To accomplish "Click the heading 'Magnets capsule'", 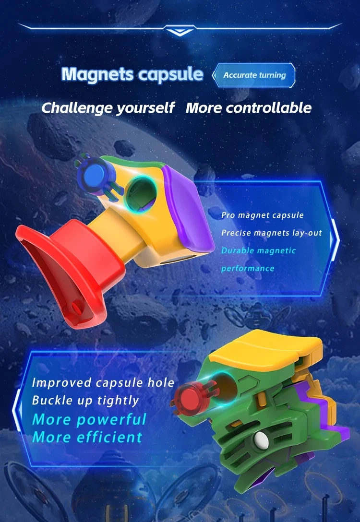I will coord(132,74).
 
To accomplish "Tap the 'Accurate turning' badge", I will coord(254,75).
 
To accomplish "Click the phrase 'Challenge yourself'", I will coord(108,107).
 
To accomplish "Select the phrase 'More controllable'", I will coord(249,107).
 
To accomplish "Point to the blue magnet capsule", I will coord(95,173).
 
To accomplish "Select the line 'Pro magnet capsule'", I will coord(262,215).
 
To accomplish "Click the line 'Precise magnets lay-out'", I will coord(271,233).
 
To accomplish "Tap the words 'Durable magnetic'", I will coord(258,250).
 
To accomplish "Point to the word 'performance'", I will coord(248,268).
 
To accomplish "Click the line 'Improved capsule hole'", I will coord(103,382).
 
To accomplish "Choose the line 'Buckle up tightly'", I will coord(85,400).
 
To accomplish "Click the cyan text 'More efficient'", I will coord(87,437).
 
